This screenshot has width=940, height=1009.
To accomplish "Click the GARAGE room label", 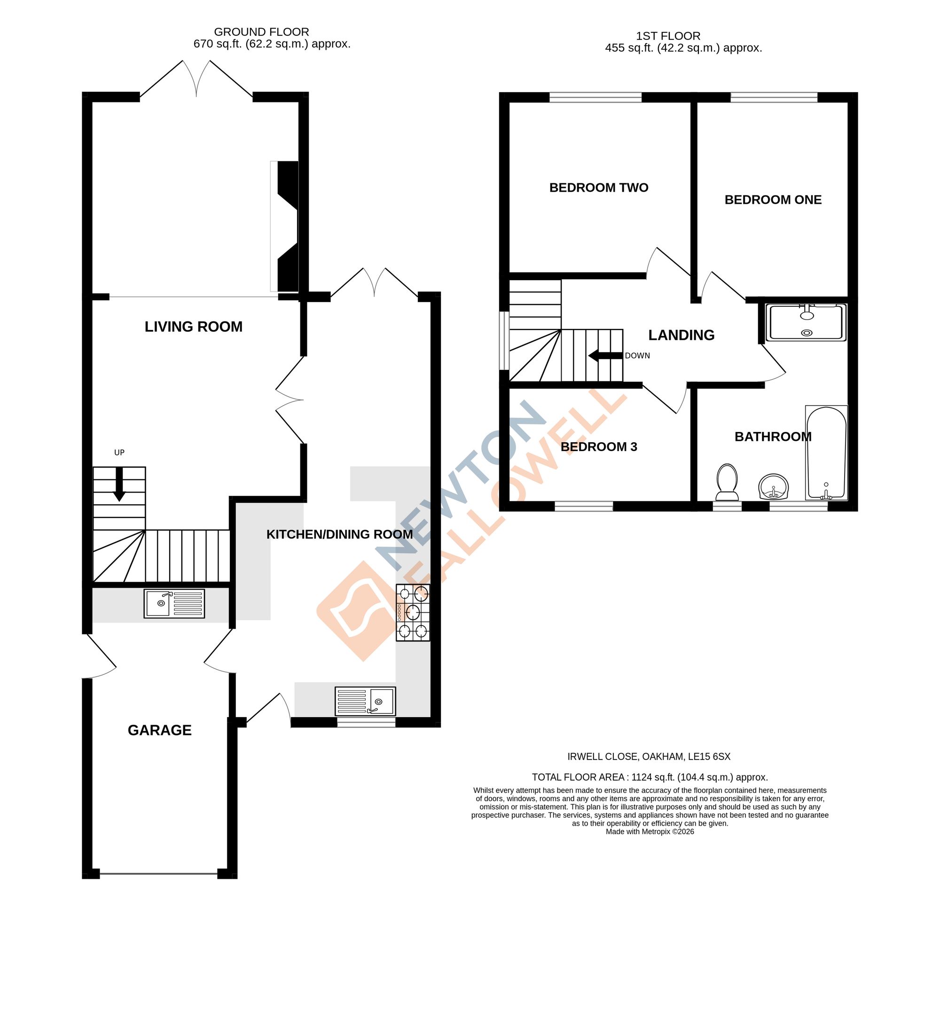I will coord(159,730).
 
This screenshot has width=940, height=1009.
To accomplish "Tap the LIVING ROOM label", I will coord(193,326).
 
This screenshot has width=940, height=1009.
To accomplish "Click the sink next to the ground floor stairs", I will coord(174,603).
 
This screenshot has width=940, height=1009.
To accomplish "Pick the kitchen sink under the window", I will coord(365,701).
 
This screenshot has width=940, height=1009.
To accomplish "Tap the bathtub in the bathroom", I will coord(826,453).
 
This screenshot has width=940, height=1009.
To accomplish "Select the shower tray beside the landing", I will coord(806,322).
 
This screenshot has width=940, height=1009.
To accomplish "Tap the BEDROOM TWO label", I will coord(598,188).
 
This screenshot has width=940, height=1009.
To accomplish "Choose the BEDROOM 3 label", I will coord(598,446).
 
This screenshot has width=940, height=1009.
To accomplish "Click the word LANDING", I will coord(681,335).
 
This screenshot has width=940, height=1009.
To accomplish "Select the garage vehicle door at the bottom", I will coord(159,874).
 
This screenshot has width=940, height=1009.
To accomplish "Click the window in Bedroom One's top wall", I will coord(774,97).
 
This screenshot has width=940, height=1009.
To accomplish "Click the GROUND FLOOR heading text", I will coord(261,32).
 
